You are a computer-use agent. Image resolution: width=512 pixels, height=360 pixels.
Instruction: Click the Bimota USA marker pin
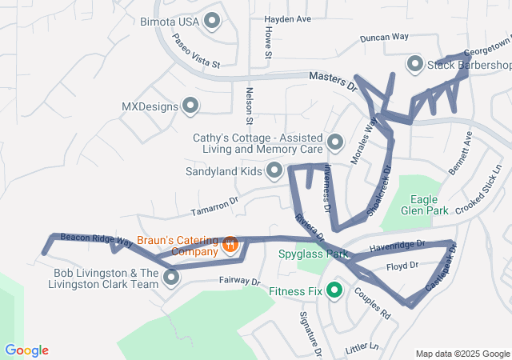(x=212, y=22)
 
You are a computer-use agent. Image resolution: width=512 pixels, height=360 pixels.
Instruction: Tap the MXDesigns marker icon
(x=190, y=106)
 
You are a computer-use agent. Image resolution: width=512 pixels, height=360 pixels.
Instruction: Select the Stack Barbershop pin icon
(x=415, y=64)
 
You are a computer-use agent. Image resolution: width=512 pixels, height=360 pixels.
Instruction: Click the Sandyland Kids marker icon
(x=274, y=170)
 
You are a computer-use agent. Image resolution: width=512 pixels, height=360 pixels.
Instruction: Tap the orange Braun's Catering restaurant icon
(x=230, y=245)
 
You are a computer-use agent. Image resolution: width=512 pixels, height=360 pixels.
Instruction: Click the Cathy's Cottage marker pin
(x=335, y=142)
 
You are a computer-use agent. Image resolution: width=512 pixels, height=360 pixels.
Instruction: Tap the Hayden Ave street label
(x=287, y=18)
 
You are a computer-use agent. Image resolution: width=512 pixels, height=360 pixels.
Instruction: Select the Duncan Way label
(x=384, y=37)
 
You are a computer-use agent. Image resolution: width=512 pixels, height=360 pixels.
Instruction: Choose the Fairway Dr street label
(x=239, y=282)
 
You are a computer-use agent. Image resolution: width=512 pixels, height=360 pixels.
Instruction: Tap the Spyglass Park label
(x=313, y=254)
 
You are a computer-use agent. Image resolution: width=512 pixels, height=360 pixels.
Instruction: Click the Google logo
(x=26, y=350)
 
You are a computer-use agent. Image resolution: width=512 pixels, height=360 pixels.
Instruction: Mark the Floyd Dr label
(x=402, y=266)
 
